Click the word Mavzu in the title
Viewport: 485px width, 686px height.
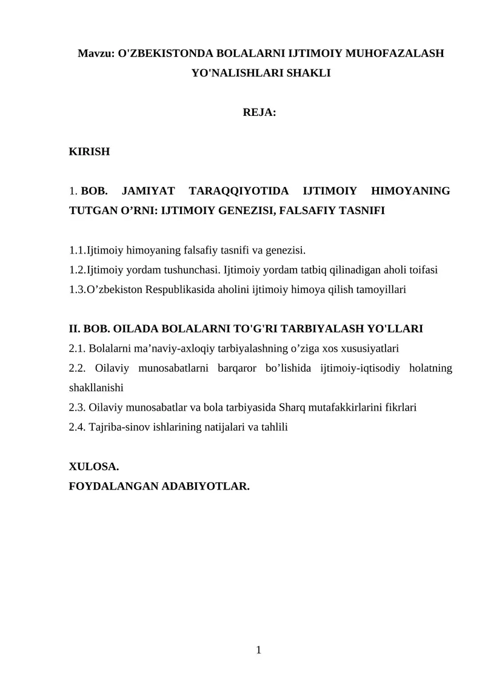pyautogui.click(x=95, y=54)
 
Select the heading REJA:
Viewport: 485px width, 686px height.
pyautogui.click(x=259, y=113)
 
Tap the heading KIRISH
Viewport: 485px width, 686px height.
pyautogui.click(x=90, y=152)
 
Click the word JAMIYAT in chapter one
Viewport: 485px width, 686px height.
pyautogui.click(x=148, y=192)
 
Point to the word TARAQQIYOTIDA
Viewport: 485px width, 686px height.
pyautogui.click(x=235, y=192)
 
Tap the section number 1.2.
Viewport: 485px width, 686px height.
pyautogui.click(x=77, y=270)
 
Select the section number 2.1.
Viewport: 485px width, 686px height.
pyautogui.click(x=77, y=349)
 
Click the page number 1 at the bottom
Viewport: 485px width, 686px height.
pyautogui.click(x=259, y=651)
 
